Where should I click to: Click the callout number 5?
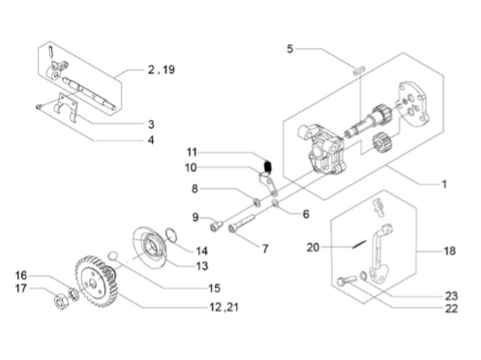pyautogui.click(x=290, y=49)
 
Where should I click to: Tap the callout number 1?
pyautogui.click(x=444, y=184)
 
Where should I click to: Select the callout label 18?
pyautogui.click(x=449, y=251)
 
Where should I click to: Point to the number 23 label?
pyautogui.click(x=451, y=296)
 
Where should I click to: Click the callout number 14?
pyautogui.click(x=202, y=251)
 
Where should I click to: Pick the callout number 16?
pyautogui.click(x=21, y=275)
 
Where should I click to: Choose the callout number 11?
pyautogui.click(x=192, y=152)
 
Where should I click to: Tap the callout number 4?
pyautogui.click(x=151, y=140)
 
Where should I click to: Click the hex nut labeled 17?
pyautogui.click(x=60, y=303)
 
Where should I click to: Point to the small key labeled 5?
pyautogui.click(x=359, y=70)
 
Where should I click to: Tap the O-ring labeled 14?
pyautogui.click(x=171, y=234)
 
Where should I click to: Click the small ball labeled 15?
pyautogui.click(x=113, y=255)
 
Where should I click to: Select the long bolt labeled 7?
pyautogui.click(x=243, y=223)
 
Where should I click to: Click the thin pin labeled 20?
pyautogui.click(x=359, y=244)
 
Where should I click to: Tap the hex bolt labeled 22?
pyautogui.click(x=346, y=281)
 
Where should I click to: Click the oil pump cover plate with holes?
pyautogui.click(x=413, y=104)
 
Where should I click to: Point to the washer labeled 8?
pyautogui.click(x=256, y=203)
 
